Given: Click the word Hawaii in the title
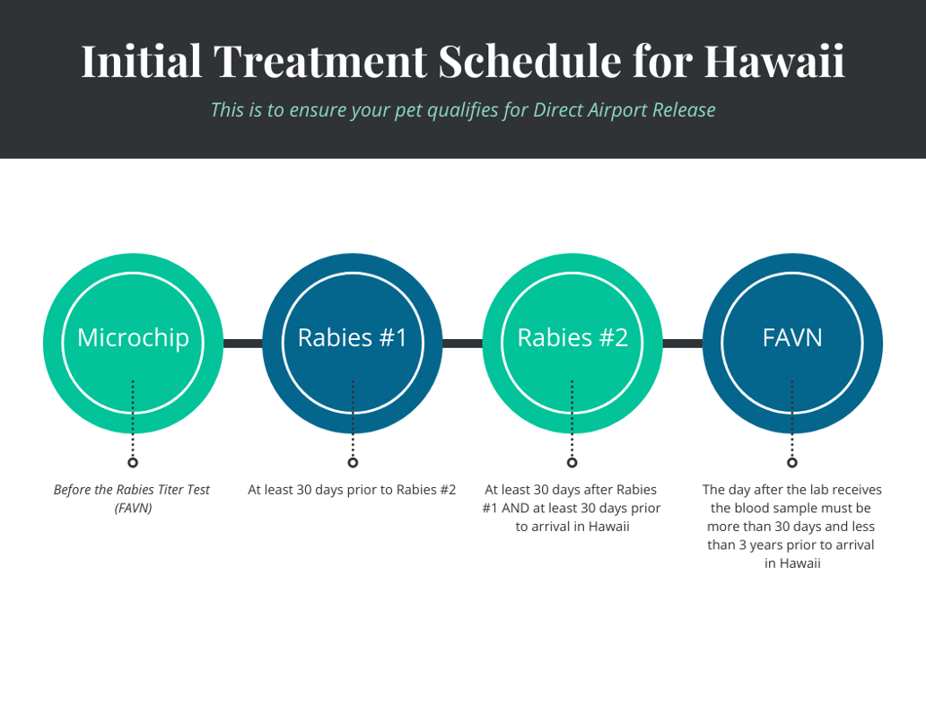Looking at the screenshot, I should click(x=773, y=61).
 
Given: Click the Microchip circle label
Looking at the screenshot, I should click(x=133, y=337).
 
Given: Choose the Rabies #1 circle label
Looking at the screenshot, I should click(x=353, y=337).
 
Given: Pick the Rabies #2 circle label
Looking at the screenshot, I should click(x=572, y=337).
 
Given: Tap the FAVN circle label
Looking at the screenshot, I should click(x=792, y=337).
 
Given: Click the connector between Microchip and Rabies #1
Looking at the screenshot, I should click(x=242, y=344).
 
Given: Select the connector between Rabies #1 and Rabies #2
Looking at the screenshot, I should click(x=462, y=344).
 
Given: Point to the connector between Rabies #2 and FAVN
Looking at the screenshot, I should click(x=682, y=344).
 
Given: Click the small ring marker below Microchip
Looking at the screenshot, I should click(x=133, y=463).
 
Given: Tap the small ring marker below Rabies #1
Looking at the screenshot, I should click(x=353, y=463).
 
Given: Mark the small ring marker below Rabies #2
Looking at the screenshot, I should click(x=572, y=463).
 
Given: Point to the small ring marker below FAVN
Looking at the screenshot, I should click(x=792, y=463).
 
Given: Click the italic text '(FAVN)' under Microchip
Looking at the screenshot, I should click(x=133, y=509).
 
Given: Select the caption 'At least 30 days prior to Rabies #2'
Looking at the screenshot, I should click(x=352, y=490).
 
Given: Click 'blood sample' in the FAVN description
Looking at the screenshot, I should click(x=782, y=509).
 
